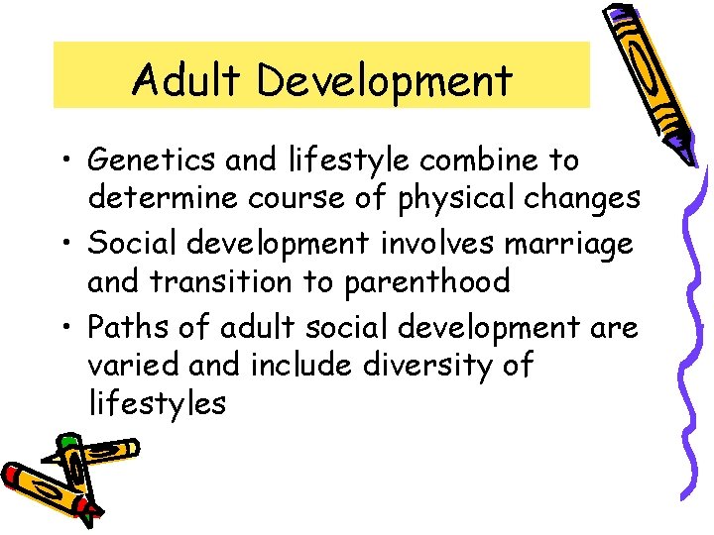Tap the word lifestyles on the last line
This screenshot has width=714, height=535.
coord(157,404)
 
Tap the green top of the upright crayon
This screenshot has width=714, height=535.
coord(67,442)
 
